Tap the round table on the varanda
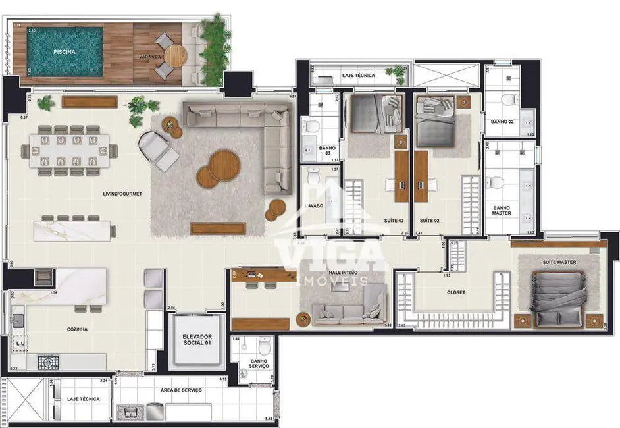point(172,55)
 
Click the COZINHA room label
point(78,329)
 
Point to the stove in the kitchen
point(47,362)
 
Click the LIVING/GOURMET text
point(122,194)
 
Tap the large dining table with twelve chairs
point(70,151)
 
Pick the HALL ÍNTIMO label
point(343,272)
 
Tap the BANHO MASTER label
point(502,211)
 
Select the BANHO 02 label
point(502,122)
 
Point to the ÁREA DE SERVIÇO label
point(181,390)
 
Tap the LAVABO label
point(313,205)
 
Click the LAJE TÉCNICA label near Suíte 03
point(358,76)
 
